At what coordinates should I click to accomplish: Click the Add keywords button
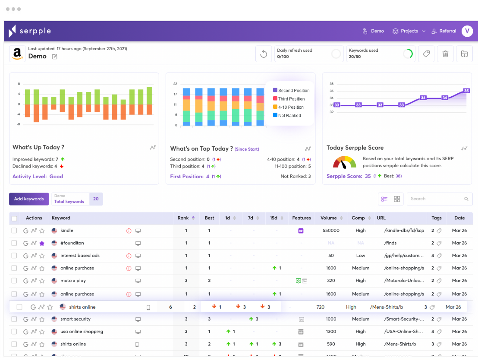tap(29, 199)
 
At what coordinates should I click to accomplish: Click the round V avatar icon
tap(467, 31)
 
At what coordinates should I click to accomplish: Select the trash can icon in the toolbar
tap(446, 54)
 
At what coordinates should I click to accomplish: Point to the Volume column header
tap(329, 218)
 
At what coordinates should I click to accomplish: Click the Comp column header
tap(358, 218)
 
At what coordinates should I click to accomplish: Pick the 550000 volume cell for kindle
tap(331, 231)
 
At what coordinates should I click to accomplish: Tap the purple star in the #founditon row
tap(42, 243)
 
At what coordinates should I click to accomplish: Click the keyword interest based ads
tap(80, 256)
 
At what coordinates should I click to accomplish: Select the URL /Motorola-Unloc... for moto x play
tap(404, 281)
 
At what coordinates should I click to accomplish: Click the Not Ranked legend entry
tap(289, 116)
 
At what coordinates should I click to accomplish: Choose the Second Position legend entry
tap(294, 91)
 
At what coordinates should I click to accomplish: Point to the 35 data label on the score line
tap(466, 91)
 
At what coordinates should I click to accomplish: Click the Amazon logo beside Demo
tap(17, 54)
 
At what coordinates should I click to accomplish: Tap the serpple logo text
tap(35, 31)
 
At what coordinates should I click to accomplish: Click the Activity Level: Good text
tap(38, 177)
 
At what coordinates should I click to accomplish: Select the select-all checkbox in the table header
tap(14, 218)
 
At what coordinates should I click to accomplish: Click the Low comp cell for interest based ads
tap(361, 256)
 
